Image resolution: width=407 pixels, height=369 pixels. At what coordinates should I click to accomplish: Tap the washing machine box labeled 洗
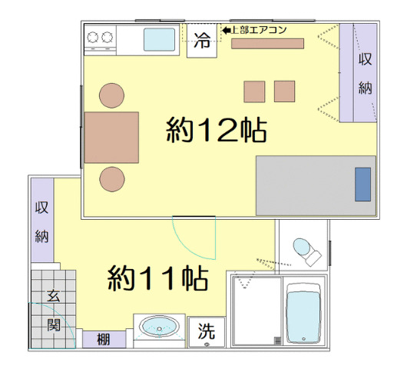pos(207,332)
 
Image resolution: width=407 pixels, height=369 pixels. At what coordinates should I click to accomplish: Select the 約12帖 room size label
pos(217,131)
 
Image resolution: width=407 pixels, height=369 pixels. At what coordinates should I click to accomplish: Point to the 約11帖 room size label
pos(157,278)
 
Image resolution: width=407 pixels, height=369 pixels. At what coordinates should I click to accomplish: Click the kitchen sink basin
pos(159,38)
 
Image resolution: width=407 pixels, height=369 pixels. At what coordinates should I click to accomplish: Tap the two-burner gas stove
pos(101,37)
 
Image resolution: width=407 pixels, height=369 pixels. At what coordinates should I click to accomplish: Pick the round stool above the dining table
pos(112,95)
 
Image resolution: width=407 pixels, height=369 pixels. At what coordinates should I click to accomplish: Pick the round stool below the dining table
pos(112,179)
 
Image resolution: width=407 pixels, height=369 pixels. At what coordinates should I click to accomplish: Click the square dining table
pos(112,138)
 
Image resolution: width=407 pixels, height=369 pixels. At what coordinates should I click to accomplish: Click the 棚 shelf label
pos(101,338)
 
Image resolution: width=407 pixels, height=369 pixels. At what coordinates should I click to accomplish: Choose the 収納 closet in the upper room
pos(365,74)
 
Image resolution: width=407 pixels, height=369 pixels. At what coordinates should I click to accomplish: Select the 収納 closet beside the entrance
pos(42,221)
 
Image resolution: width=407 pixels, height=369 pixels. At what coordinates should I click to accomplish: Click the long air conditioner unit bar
pos(268,43)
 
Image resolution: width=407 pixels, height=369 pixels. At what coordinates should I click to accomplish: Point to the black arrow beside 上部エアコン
pos(226,30)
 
